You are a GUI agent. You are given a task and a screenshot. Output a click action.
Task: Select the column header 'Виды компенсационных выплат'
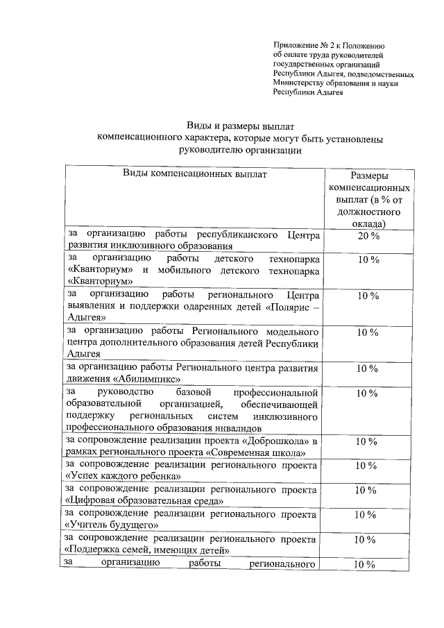tap(194, 174)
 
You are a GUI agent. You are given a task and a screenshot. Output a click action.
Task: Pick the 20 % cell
tap(368, 237)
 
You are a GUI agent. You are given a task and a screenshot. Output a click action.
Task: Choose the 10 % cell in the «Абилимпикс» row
tap(368, 368)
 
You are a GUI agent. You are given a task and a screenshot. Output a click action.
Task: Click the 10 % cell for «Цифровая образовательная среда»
tap(368, 490)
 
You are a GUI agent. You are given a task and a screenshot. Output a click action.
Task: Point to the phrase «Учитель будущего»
tap(110, 526)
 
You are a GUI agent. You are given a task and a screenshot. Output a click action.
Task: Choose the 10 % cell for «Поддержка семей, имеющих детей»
tap(368, 539)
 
